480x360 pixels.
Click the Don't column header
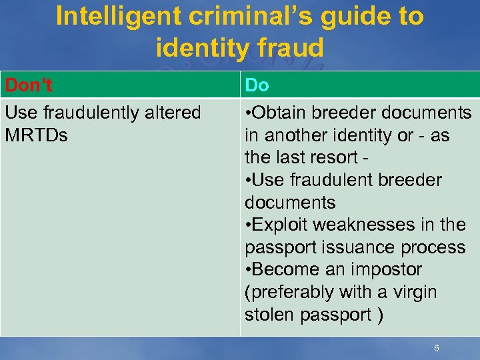[x=29, y=85]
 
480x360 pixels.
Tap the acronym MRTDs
[x=36, y=135]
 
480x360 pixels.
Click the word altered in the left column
[x=170, y=113]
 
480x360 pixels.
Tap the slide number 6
[x=436, y=348]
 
